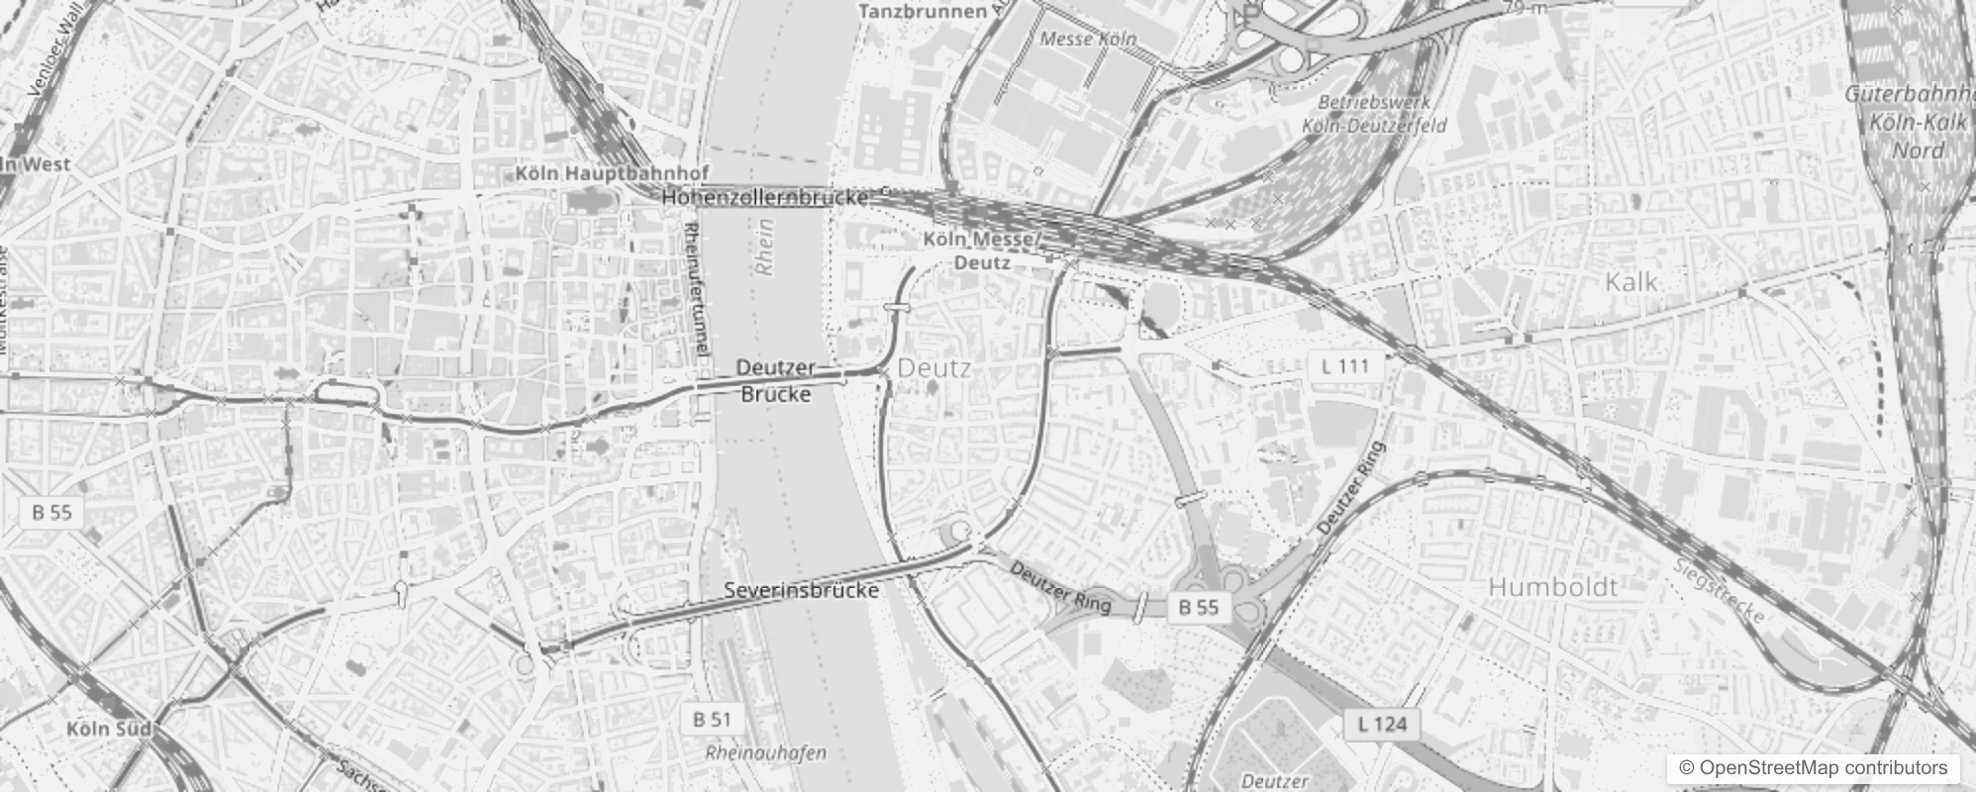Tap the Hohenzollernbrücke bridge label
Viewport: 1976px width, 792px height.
(x=764, y=197)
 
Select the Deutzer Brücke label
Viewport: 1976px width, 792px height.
(x=776, y=380)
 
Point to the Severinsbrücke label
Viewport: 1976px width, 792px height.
(x=801, y=590)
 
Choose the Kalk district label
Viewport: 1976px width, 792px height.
(x=1630, y=282)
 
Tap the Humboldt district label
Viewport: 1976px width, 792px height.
(x=1552, y=587)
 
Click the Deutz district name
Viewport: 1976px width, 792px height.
(x=934, y=368)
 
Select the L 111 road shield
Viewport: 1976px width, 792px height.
(x=1345, y=366)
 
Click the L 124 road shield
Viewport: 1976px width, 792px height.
(x=1382, y=724)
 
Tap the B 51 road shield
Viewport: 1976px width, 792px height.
(x=712, y=719)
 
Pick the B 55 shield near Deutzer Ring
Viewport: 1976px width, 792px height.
(x=1198, y=607)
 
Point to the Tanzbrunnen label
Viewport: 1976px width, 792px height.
(x=923, y=11)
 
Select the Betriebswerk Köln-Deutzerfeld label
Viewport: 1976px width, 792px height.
(x=1373, y=114)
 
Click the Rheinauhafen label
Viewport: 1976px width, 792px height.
(x=765, y=753)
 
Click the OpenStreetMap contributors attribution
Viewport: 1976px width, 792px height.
(x=1813, y=767)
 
